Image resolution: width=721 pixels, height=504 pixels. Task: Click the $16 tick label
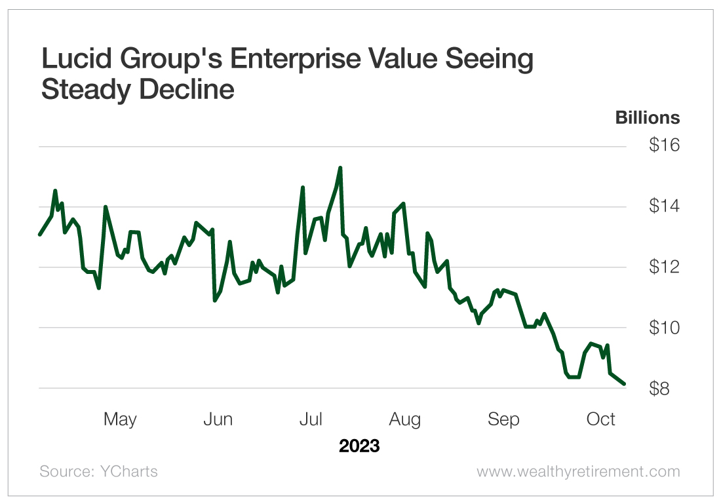coord(664,145)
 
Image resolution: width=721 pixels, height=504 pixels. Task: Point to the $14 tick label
coord(664,206)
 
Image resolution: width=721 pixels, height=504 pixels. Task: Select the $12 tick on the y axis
coord(664,267)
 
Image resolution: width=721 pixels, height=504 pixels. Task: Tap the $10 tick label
coord(664,328)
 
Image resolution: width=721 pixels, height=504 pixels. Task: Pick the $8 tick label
coord(664,389)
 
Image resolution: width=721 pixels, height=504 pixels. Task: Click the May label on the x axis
coord(120,419)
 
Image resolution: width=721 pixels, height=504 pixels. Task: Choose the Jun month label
coord(218,419)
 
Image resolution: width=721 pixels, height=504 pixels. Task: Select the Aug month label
coord(404,419)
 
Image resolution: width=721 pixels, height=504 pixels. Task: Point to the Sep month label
coord(503,419)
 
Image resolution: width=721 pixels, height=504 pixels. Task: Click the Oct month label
coord(601,419)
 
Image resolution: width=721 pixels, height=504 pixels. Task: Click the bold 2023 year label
coord(359,446)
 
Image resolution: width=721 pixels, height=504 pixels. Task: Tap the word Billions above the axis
coord(648,118)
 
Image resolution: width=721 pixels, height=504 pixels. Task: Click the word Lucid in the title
coord(75,60)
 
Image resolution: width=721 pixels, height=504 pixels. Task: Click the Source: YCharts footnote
coord(98,472)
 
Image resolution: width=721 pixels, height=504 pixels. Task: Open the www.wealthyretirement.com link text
coord(578,472)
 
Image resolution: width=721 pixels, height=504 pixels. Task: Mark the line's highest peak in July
coord(340,168)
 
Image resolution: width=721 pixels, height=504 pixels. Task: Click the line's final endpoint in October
coord(624,383)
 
